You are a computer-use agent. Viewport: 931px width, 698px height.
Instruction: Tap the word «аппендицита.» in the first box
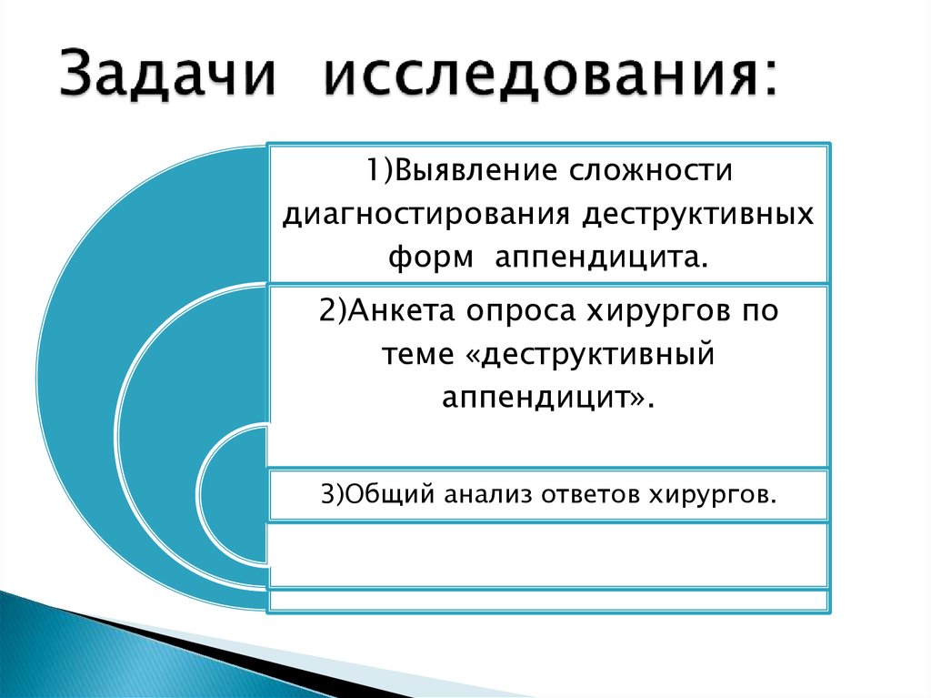click(601, 258)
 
